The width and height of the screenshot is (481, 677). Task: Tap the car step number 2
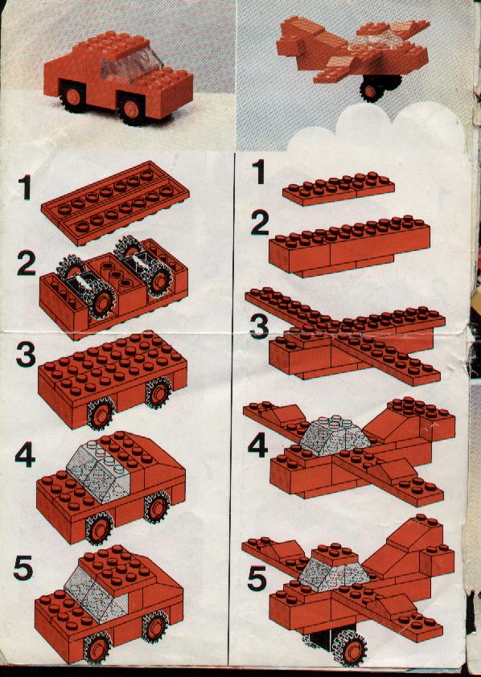[x=27, y=264]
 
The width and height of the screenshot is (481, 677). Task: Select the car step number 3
[x=26, y=355]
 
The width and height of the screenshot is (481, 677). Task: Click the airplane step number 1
[x=259, y=171]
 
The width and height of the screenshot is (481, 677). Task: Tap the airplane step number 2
[x=261, y=224]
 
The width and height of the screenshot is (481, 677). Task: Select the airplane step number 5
[x=257, y=579]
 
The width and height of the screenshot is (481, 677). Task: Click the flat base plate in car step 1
[x=116, y=202]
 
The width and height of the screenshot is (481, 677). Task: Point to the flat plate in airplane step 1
[x=338, y=189]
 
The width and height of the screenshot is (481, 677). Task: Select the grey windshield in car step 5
[x=95, y=593]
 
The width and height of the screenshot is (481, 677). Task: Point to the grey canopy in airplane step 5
[x=334, y=571]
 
